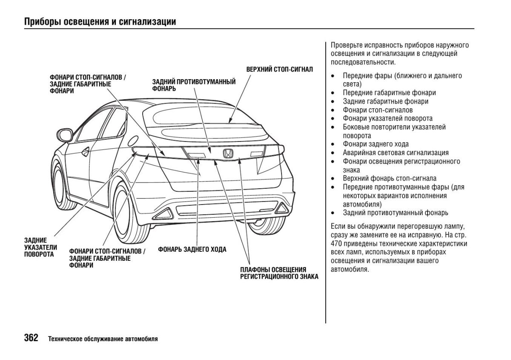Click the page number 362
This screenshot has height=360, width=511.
31,338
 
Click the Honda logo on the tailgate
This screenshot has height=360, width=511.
228,154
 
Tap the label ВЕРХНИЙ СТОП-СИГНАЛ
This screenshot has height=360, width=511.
279,69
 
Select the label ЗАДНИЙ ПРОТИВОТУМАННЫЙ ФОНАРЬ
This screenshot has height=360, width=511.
194,85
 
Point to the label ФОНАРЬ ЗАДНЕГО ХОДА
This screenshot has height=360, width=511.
192,249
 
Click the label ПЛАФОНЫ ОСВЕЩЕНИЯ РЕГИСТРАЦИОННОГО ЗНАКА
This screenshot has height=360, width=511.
279,273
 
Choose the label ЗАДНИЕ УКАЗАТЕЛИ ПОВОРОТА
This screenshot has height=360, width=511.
40,248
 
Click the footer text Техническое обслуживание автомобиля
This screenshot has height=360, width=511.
103,339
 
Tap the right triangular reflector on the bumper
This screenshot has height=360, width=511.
281,208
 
